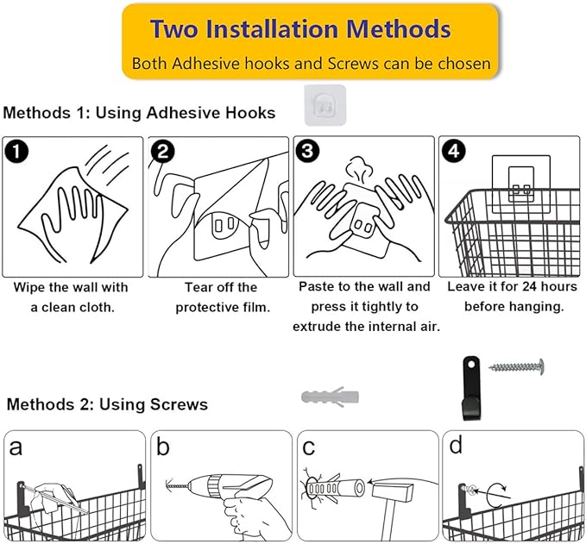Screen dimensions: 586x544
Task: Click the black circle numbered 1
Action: [16, 152]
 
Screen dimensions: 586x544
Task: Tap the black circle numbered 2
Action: [162, 152]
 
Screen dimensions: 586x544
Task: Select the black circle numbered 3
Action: [307, 151]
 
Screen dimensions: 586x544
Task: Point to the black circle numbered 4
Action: [453, 151]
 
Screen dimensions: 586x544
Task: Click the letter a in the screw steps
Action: [16, 447]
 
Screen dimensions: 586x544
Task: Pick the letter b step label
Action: [162, 446]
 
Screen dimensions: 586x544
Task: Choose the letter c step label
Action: [308, 447]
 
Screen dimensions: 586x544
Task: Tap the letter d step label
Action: [456, 445]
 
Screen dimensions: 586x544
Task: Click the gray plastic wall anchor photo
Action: [330, 397]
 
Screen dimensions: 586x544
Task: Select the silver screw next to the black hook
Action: [516, 367]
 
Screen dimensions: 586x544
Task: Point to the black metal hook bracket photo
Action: [471, 388]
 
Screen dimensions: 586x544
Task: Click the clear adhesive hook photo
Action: [325, 106]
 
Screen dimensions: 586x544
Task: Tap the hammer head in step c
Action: [393, 492]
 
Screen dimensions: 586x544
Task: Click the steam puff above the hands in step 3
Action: [359, 169]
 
